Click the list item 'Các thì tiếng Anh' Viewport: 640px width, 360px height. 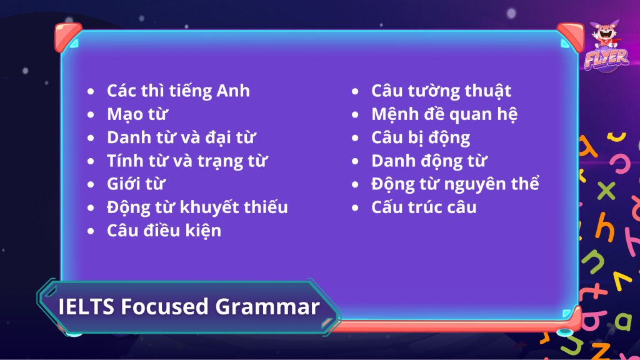(178, 91)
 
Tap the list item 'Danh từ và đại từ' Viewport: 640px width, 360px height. (181, 138)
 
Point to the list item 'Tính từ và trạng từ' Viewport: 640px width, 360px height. (187, 161)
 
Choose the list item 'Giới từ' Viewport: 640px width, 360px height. (136, 184)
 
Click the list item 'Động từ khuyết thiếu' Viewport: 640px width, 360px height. (197, 207)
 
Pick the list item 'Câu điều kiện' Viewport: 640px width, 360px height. (164, 231)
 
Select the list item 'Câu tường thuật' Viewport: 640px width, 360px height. (441, 91)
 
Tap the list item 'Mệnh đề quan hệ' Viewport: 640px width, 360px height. (444, 114)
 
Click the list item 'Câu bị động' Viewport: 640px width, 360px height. (421, 138)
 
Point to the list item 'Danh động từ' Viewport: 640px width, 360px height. (429, 161)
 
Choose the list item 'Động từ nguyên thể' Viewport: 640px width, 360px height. (455, 184)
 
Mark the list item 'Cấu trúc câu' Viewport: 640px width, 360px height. (424, 207)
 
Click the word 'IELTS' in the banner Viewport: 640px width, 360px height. (86, 306)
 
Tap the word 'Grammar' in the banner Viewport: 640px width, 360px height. (267, 307)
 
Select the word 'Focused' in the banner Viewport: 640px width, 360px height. (165, 306)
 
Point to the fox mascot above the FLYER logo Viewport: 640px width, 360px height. (606, 34)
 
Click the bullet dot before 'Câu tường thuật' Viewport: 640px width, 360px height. (355, 91)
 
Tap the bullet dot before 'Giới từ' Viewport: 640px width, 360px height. (91, 184)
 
